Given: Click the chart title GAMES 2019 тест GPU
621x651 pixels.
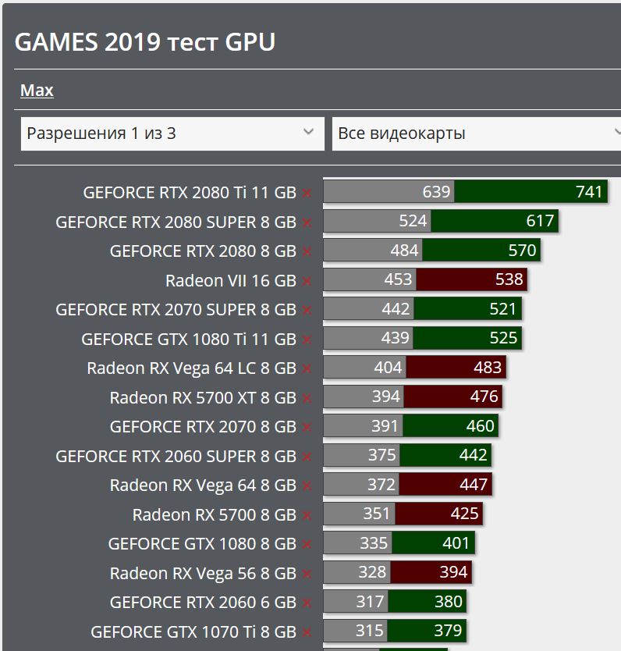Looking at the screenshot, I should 145,42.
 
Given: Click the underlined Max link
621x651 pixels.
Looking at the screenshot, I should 37,91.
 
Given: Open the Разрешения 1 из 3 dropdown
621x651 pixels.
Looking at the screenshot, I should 172,133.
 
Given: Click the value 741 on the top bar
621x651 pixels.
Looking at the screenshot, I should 589,192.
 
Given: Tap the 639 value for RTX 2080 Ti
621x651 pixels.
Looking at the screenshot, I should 436,192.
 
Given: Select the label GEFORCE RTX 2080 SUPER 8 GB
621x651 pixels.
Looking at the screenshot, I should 176,222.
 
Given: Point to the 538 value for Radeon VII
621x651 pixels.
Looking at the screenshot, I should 509,279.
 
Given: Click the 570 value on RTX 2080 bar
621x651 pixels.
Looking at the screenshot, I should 522,251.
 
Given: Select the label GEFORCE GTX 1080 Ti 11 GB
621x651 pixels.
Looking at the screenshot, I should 189,340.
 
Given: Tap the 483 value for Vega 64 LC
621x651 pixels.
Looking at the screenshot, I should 488,368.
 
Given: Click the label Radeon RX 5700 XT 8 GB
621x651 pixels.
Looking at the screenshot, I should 203,398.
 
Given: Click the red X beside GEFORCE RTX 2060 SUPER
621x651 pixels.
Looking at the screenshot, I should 307,457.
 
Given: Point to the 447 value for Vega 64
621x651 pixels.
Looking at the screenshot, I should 474,485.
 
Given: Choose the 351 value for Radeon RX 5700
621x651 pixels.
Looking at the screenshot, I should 377,514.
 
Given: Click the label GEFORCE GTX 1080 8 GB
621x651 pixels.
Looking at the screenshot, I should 202,544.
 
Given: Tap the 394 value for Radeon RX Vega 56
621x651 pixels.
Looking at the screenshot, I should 453,573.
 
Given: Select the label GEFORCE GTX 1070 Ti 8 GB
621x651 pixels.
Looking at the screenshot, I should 193,631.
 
